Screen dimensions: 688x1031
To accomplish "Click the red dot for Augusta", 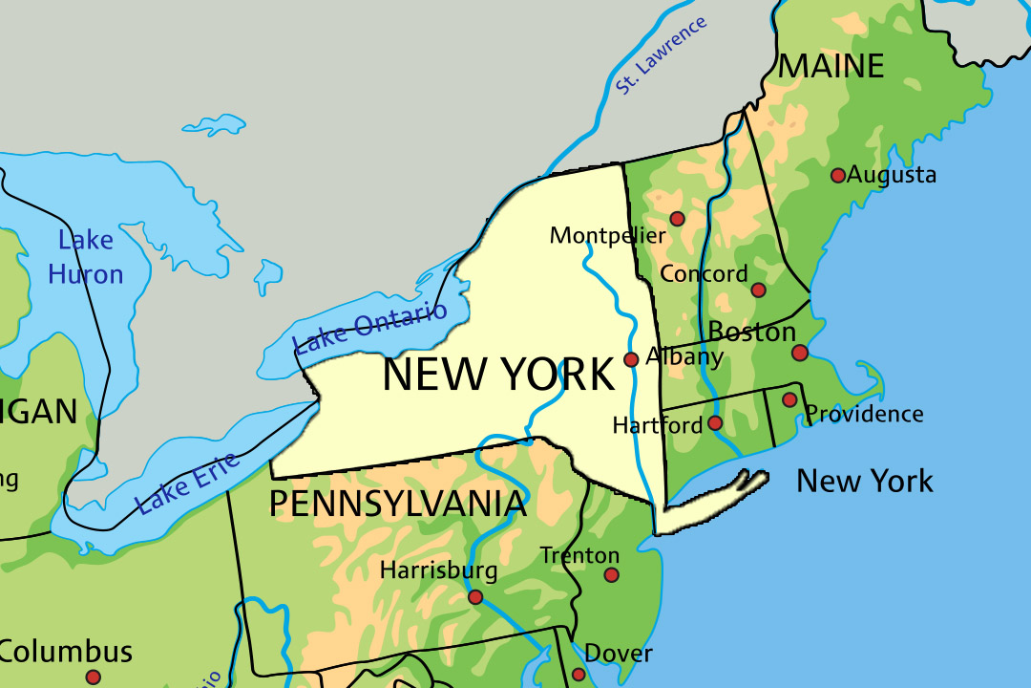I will click(x=837, y=175).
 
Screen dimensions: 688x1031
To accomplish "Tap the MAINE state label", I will click(x=831, y=66).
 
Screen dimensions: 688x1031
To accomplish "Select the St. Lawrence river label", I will click(x=661, y=55).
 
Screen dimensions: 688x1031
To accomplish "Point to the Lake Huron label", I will click(x=86, y=257).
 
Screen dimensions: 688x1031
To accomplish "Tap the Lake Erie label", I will click(x=187, y=484).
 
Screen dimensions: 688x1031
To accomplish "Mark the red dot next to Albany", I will click(x=631, y=359).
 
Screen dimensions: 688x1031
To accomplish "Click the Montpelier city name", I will click(x=607, y=235).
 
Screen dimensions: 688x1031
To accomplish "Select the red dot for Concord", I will click(x=758, y=290).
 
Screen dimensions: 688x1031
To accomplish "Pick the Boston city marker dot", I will click(x=800, y=353).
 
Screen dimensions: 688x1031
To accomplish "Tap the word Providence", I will click(x=865, y=414).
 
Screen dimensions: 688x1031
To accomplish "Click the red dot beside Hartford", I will click(x=715, y=422).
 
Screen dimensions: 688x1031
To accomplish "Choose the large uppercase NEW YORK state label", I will click(x=498, y=375).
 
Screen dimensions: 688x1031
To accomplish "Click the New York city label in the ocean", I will click(x=865, y=481).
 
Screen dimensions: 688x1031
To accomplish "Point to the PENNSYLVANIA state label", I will click(x=397, y=504).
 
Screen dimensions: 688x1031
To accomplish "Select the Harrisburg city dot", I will click(x=474, y=597).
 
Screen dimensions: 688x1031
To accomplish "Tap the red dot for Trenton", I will click(x=611, y=575).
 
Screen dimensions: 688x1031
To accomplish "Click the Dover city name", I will click(x=619, y=654).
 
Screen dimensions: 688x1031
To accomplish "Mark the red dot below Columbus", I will click(x=93, y=677).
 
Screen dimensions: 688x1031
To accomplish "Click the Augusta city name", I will click(x=892, y=175).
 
